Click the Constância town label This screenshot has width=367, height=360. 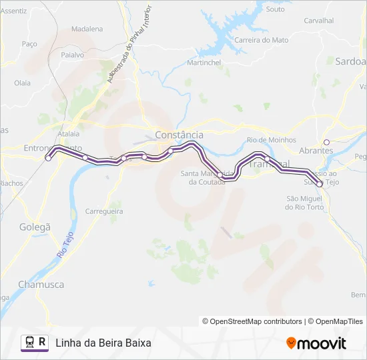click(179, 135)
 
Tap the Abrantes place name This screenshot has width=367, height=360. click(316, 151)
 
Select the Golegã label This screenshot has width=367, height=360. click(34, 227)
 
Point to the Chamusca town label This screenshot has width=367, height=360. click(41, 284)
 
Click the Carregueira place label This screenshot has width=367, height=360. click(105, 211)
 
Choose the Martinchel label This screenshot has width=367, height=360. click(204, 63)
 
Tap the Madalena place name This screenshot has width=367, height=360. click(87, 29)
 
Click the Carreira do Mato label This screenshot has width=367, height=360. click(261, 40)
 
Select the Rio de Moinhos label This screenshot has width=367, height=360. click(271, 140)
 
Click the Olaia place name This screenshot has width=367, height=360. click(23, 83)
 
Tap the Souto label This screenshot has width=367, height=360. click(275, 9)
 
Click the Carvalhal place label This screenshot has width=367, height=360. click(318, 21)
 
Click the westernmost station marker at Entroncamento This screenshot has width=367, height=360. click(48, 158)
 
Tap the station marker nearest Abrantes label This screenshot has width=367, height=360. click(326, 142)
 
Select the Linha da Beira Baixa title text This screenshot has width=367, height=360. click(103, 343)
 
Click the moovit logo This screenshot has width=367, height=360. click(316, 343)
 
